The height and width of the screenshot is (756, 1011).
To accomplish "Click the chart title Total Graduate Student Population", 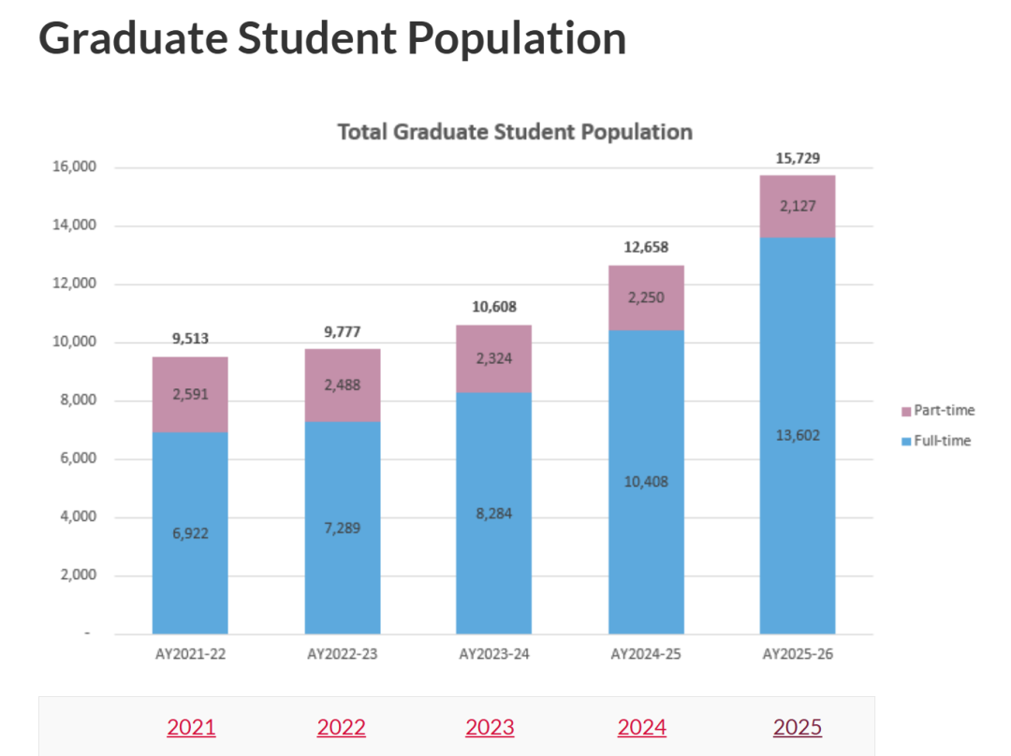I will click(514, 132).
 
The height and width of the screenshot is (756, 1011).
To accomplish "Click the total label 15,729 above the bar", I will click(798, 158).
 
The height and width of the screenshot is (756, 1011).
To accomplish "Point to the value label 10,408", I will click(646, 482).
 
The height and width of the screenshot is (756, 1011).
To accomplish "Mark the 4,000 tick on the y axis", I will click(75, 517).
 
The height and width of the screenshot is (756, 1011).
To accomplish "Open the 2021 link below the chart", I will click(191, 727).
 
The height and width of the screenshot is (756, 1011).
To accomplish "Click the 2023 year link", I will click(490, 727).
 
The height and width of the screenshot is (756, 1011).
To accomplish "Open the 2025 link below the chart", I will click(798, 727).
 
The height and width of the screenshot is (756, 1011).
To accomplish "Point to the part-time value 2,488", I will click(342, 385).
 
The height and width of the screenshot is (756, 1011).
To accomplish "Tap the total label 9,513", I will click(190, 340).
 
